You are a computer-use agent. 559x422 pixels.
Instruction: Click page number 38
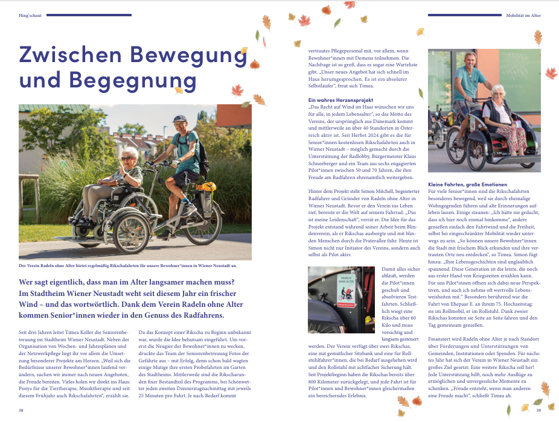pyautogui.click(x=21, y=410)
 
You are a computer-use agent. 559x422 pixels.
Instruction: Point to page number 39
pyautogui.click(x=538, y=410)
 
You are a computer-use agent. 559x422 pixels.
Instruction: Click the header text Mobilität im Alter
pyautogui.click(x=523, y=15)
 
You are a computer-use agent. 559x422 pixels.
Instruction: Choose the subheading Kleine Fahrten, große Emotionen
pyautogui.click(x=467, y=184)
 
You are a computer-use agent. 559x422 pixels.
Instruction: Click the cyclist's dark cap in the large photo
pyautogui.click(x=179, y=119)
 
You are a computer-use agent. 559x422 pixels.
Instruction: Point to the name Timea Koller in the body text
pyautogui.click(x=74, y=332)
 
